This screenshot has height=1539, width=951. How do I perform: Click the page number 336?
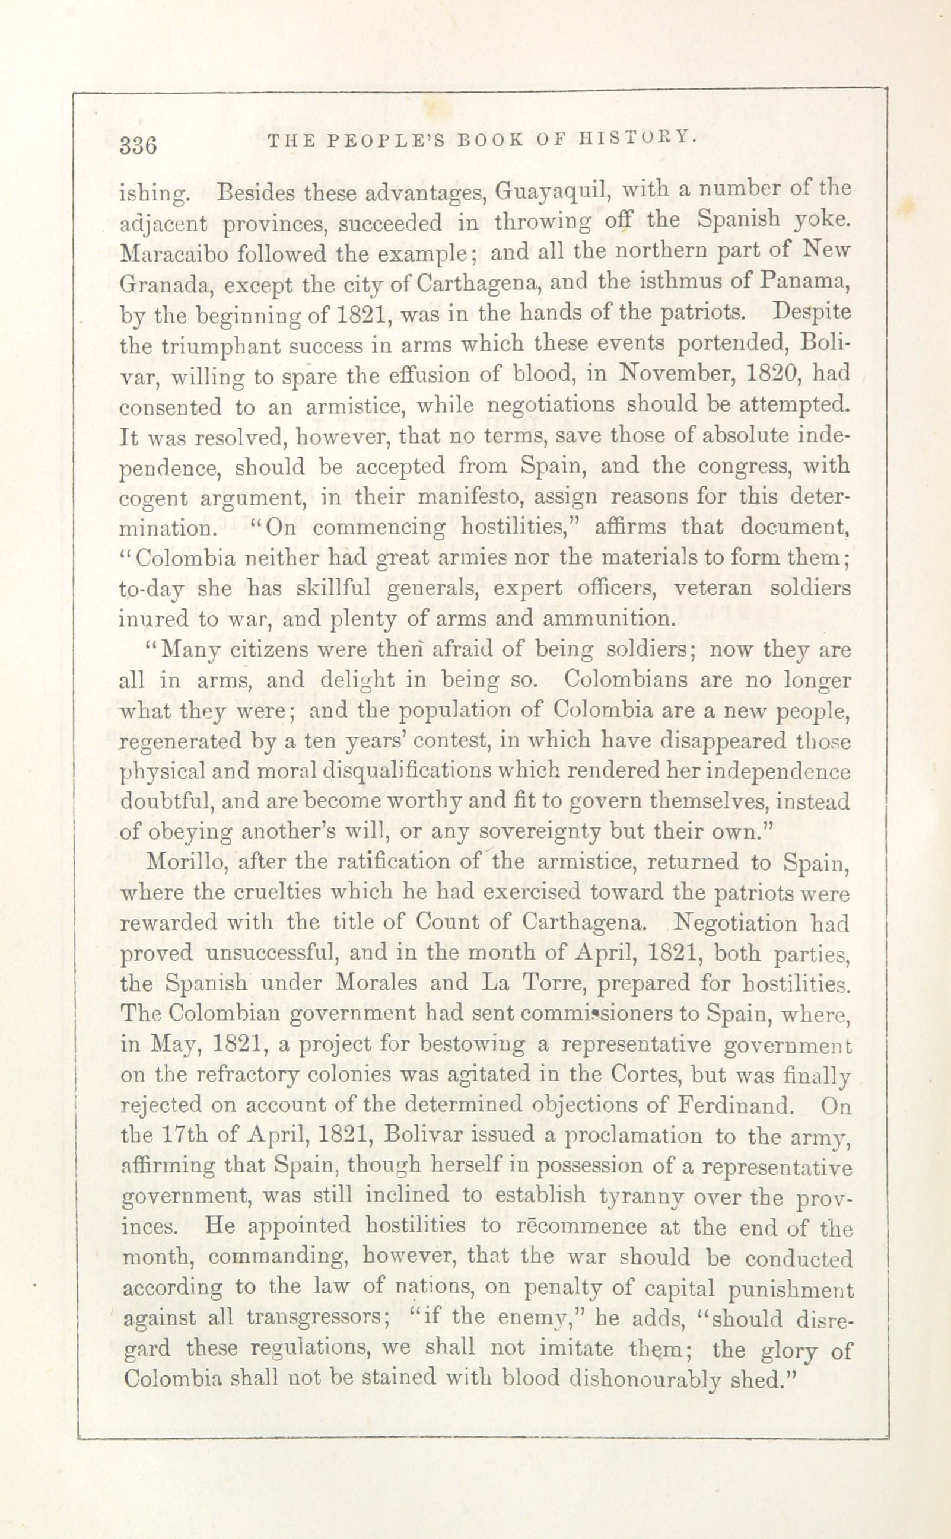[x=138, y=145]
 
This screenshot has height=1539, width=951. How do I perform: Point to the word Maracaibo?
[x=168, y=254]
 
